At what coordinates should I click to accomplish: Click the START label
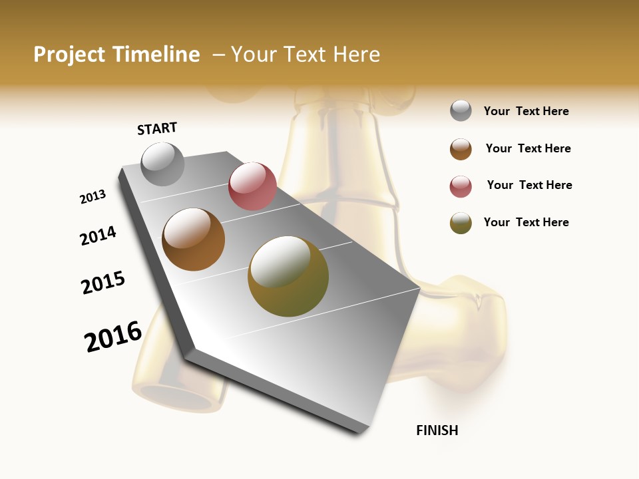click(x=157, y=128)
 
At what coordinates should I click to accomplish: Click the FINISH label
click(x=437, y=430)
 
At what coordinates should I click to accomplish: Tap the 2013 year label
click(x=93, y=197)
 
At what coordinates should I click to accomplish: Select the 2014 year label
click(x=98, y=236)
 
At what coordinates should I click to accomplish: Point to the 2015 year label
click(x=103, y=283)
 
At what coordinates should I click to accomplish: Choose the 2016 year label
click(x=113, y=337)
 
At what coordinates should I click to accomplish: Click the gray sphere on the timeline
click(x=163, y=164)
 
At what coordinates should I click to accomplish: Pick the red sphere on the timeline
click(x=252, y=186)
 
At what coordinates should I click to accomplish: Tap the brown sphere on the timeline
click(x=193, y=239)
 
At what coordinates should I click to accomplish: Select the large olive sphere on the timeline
click(x=288, y=276)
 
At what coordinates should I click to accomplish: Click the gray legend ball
click(x=461, y=111)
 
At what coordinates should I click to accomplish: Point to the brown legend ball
click(x=461, y=149)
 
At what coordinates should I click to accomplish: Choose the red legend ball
click(x=461, y=186)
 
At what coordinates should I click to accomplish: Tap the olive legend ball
click(x=461, y=223)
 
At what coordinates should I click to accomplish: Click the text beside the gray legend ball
click(x=526, y=111)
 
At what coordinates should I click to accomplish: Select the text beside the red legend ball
click(x=529, y=185)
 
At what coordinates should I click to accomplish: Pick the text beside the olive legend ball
click(x=526, y=222)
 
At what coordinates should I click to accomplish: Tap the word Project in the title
click(x=69, y=55)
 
